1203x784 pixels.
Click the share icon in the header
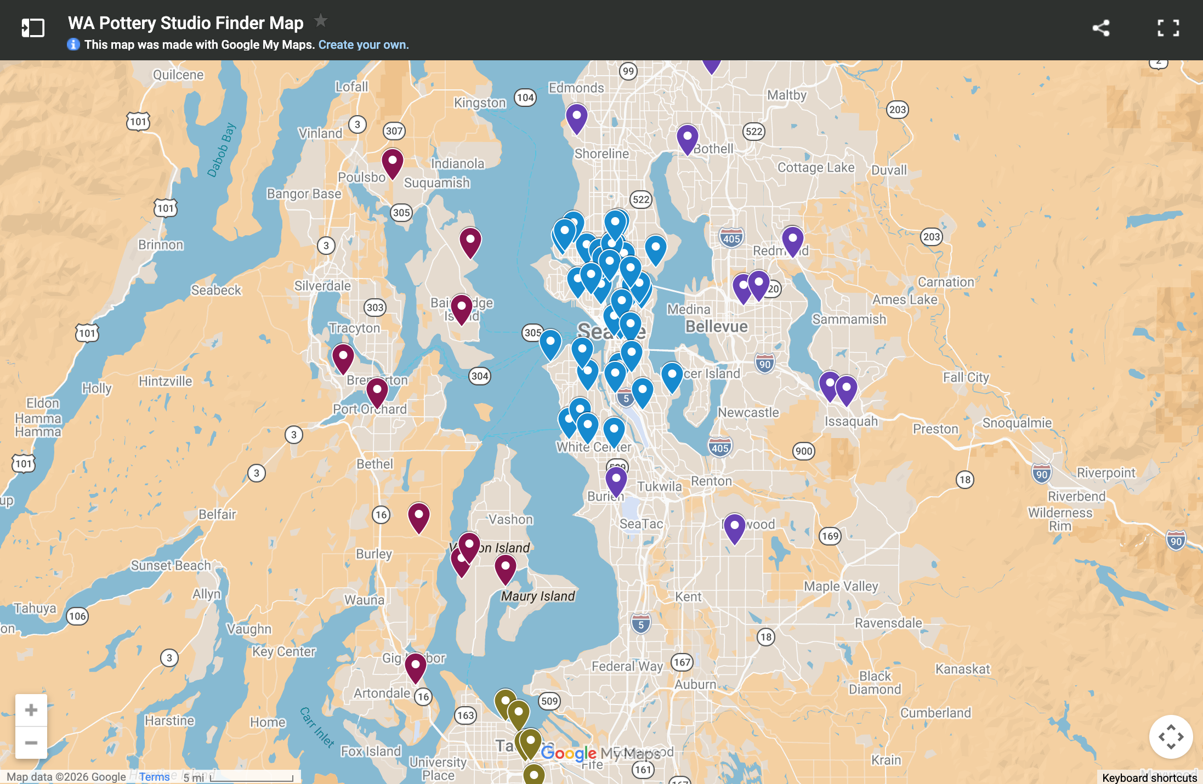click(x=1100, y=28)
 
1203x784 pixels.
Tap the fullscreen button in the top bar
click(x=1168, y=28)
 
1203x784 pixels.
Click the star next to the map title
click(x=321, y=21)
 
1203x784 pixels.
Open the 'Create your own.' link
click(x=364, y=45)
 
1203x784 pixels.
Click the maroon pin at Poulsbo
click(x=393, y=162)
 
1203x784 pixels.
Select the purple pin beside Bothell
click(x=687, y=138)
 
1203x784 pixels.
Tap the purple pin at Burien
click(x=616, y=480)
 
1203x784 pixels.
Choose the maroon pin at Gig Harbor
click(x=416, y=666)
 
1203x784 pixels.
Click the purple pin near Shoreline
click(x=576, y=117)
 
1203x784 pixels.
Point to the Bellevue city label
click(x=716, y=327)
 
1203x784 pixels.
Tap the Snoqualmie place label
click(x=1017, y=423)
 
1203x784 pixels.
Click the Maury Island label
click(x=538, y=596)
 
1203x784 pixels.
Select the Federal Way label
click(x=627, y=666)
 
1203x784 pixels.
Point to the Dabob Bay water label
click(x=222, y=150)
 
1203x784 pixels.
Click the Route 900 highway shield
click(x=803, y=451)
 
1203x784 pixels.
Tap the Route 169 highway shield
click(x=830, y=536)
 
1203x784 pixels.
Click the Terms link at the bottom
click(x=154, y=777)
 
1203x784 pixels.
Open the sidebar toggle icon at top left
click(x=32, y=28)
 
